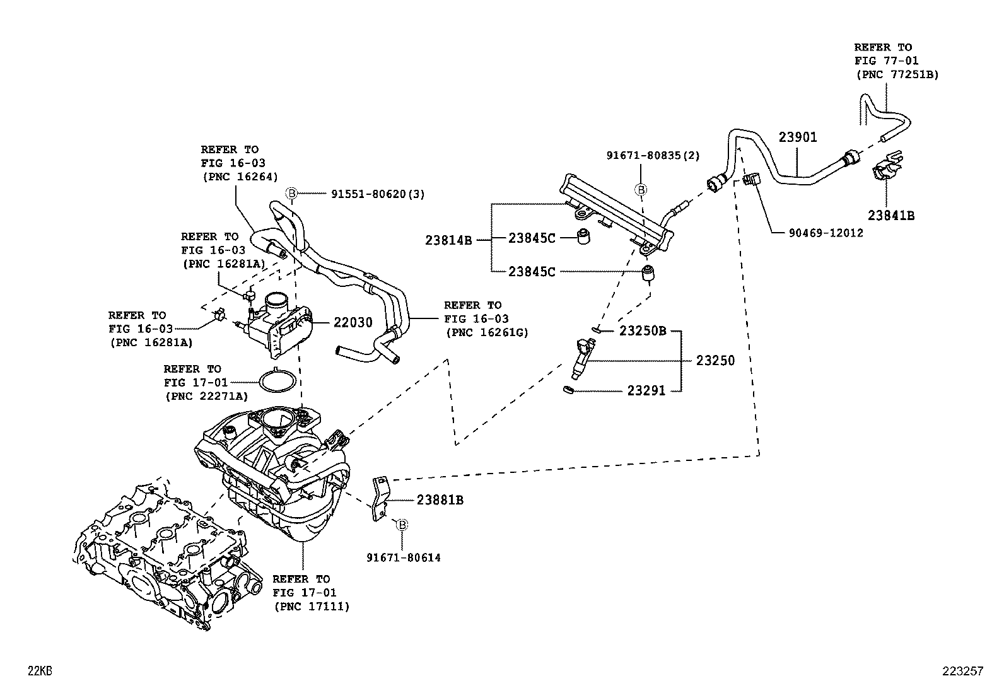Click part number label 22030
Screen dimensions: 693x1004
(x=353, y=323)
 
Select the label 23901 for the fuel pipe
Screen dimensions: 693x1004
(x=797, y=137)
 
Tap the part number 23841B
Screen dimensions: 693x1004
(x=890, y=215)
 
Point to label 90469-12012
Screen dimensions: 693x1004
(x=826, y=233)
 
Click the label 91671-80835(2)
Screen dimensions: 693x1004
(x=653, y=155)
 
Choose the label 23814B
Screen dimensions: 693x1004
(x=448, y=240)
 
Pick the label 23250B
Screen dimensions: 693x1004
(x=643, y=330)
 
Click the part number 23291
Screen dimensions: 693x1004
(x=646, y=391)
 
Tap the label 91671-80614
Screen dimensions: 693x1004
(x=404, y=557)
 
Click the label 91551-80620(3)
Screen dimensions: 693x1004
(x=378, y=194)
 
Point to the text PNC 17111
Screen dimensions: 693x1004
(x=312, y=607)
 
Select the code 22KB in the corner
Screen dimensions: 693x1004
(x=39, y=672)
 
